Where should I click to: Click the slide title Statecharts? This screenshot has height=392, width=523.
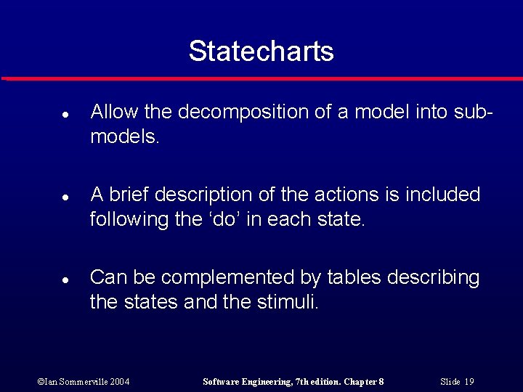click(261, 51)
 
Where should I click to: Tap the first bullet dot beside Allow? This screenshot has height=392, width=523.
click(65, 115)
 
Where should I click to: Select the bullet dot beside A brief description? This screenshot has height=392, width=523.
click(65, 197)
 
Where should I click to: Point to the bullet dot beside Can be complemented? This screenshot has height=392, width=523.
click(65, 279)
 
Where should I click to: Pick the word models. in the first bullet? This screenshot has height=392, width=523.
click(124, 136)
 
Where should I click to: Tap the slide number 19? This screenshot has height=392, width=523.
click(469, 381)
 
